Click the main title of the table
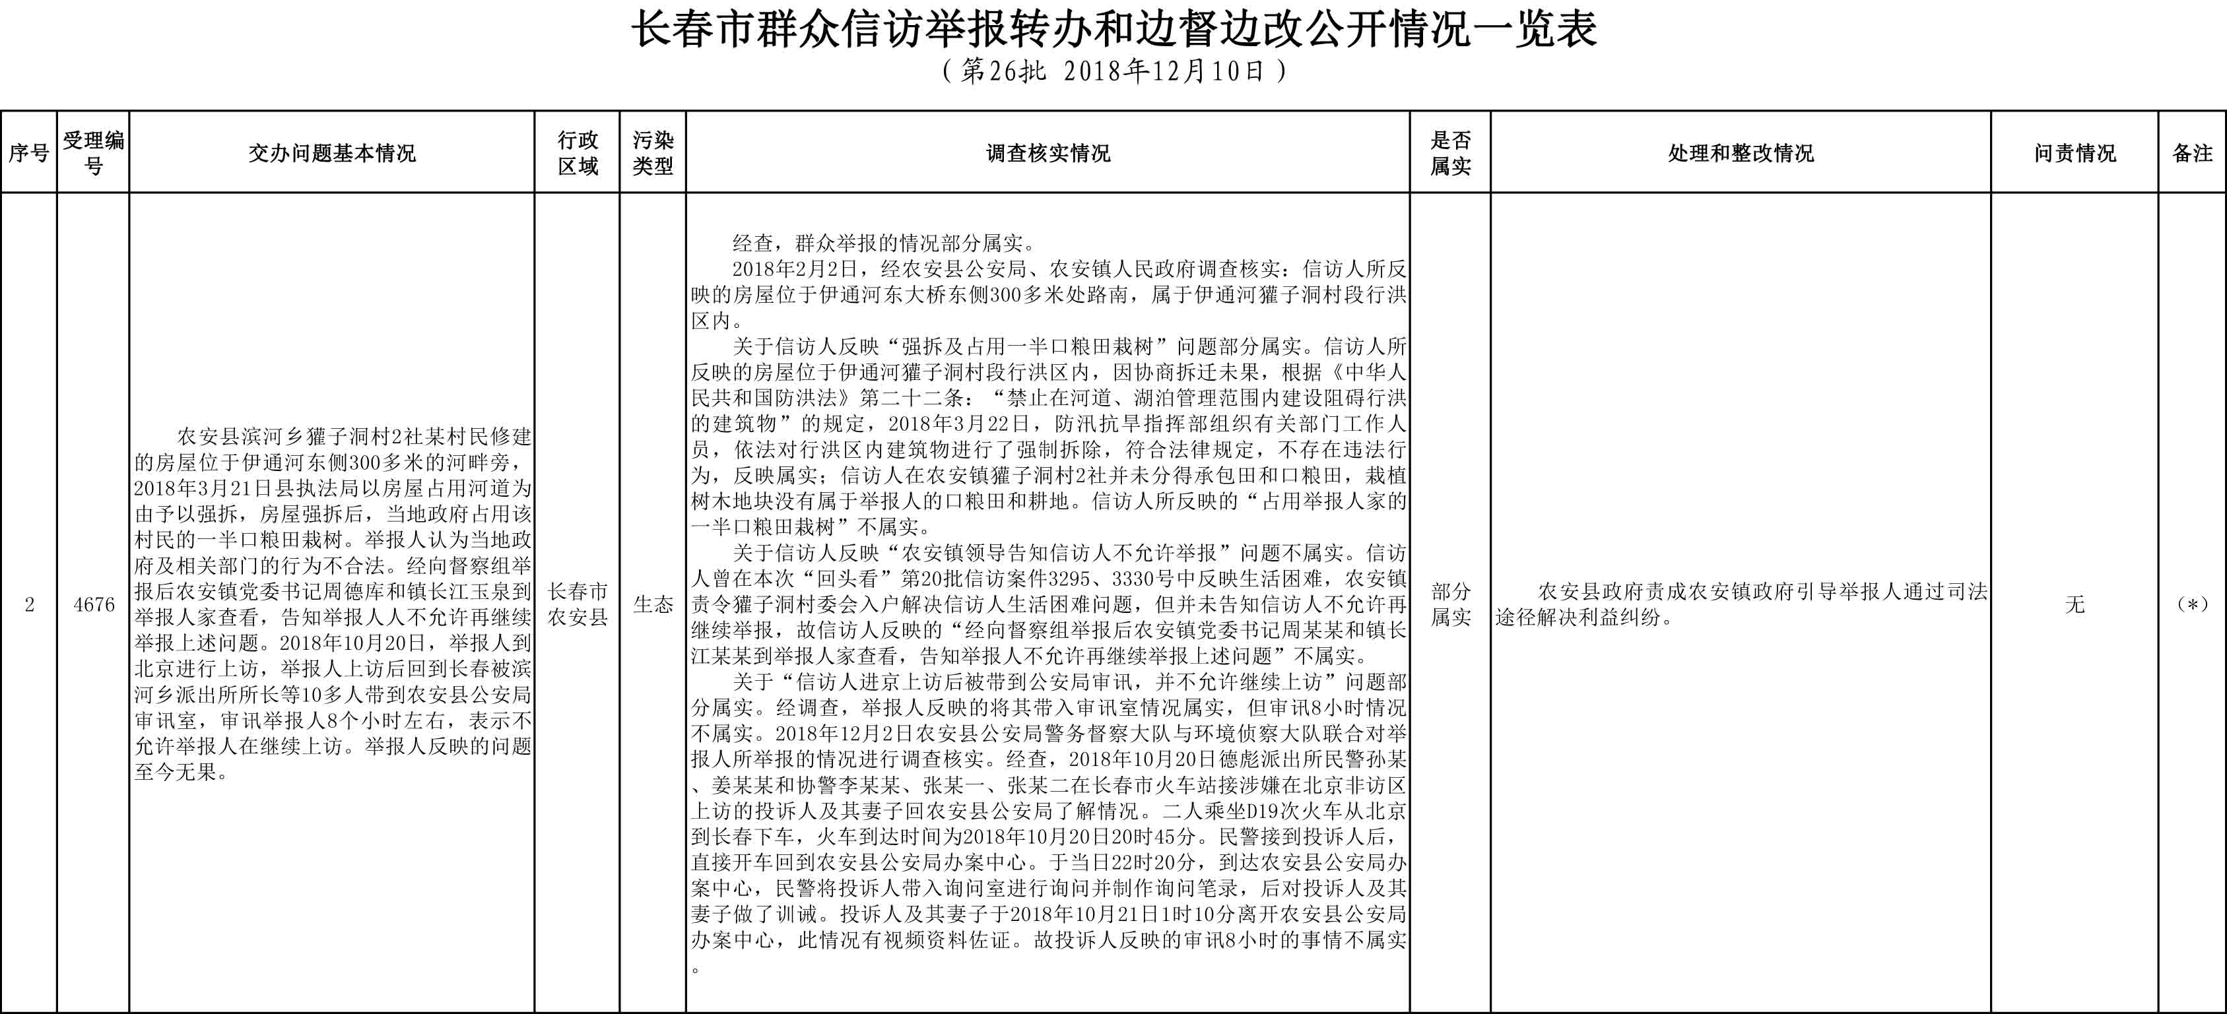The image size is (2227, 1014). [x=1113, y=30]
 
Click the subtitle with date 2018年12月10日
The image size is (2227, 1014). [x=1113, y=71]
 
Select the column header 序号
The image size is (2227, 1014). [x=28, y=153]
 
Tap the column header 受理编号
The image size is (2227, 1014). [x=93, y=153]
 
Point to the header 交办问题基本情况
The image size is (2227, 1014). [x=332, y=153]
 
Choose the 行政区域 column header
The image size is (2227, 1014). [x=578, y=153]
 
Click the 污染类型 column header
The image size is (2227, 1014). [x=653, y=153]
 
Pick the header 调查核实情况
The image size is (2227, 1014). [x=1047, y=153]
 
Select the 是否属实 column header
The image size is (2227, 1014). [x=1450, y=153]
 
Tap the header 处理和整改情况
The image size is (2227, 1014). [x=1741, y=153]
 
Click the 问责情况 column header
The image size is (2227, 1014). [x=2074, y=153]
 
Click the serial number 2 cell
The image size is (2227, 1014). [x=28, y=604]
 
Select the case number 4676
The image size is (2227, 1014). [x=93, y=604]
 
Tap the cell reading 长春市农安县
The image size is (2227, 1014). [x=578, y=604]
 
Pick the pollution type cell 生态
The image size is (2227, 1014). [x=653, y=604]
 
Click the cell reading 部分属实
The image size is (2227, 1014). [x=1450, y=604]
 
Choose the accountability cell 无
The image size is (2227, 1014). [x=2074, y=604]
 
